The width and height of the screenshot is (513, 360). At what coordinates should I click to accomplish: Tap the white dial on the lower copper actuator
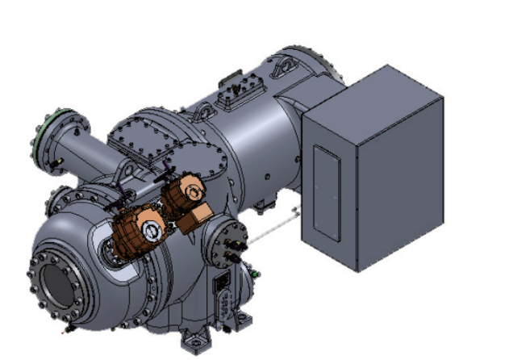click(151, 230)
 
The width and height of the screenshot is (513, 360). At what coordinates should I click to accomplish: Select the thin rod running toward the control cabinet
click(270, 228)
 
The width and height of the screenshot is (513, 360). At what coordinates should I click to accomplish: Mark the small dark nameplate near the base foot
click(219, 284)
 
